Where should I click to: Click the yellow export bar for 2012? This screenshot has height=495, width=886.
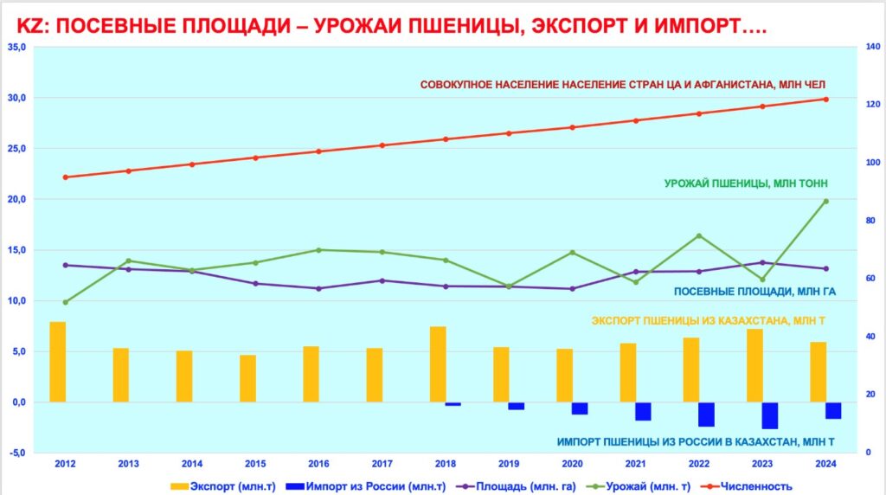(58, 362)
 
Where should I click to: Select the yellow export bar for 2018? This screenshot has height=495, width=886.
(439, 364)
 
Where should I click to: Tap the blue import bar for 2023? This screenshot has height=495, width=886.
(770, 415)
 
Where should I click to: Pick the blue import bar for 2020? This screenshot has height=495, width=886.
(580, 408)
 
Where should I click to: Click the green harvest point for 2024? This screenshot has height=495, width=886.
(825, 201)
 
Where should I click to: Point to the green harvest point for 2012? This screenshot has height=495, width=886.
(65, 302)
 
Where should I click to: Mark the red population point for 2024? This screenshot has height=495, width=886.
(825, 100)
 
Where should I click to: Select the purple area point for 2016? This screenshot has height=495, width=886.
(318, 288)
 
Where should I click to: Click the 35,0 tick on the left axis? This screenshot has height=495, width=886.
(17, 47)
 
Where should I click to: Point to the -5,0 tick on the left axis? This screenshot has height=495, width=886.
(17, 453)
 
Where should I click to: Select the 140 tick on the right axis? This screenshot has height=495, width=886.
(872, 47)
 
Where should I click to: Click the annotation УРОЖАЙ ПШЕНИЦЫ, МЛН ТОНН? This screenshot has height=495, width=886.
(745, 183)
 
